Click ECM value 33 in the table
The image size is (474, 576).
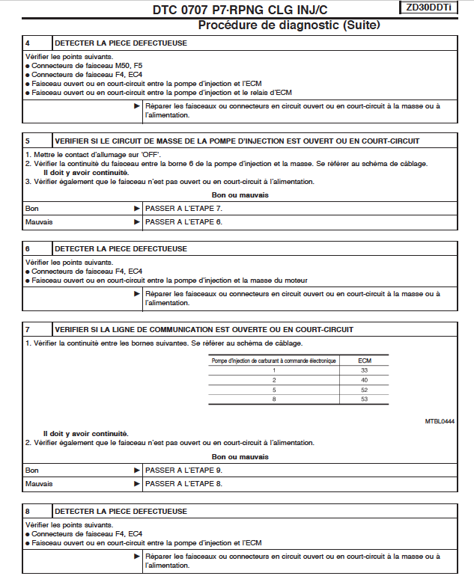tap(364, 370)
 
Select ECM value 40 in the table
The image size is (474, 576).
tap(364, 380)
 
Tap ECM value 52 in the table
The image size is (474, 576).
tap(364, 390)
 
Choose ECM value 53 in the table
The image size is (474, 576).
tap(364, 399)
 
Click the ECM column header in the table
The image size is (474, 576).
tap(364, 361)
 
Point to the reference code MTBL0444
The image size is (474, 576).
tap(440, 421)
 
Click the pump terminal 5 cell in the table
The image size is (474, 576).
tap(274, 390)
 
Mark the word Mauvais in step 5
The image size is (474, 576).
tap(39, 221)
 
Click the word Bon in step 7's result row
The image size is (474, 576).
tap(31, 470)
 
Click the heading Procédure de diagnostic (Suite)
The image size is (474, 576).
tap(288, 25)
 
